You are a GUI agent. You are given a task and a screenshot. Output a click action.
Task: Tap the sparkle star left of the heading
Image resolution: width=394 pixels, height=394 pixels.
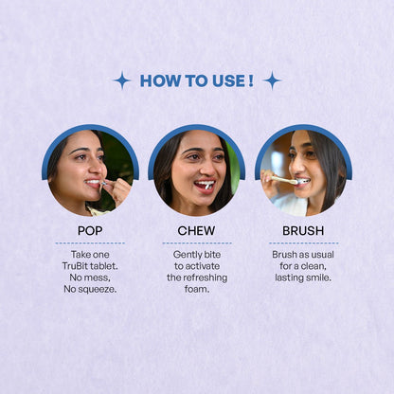121,81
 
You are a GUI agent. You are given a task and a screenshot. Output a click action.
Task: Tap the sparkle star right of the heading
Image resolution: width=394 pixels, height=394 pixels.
272,81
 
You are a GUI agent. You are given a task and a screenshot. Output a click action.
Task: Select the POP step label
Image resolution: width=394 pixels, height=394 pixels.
90,230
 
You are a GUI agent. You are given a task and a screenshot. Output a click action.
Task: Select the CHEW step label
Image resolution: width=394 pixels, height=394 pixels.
196,230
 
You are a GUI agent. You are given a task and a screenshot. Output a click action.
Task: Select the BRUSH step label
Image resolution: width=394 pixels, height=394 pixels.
302,230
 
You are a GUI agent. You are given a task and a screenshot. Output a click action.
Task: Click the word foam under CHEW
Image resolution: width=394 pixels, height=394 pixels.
196,289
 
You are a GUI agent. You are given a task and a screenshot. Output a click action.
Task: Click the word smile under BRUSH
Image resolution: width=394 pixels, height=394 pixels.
316,278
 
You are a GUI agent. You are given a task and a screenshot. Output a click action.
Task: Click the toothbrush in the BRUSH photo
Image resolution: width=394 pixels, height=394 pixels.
283,180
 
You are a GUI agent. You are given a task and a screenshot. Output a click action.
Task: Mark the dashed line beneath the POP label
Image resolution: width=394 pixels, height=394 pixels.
90,243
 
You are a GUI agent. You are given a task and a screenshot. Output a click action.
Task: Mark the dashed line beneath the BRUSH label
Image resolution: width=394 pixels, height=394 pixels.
302,243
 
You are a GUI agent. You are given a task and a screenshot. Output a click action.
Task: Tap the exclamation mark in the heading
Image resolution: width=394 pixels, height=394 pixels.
250,81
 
